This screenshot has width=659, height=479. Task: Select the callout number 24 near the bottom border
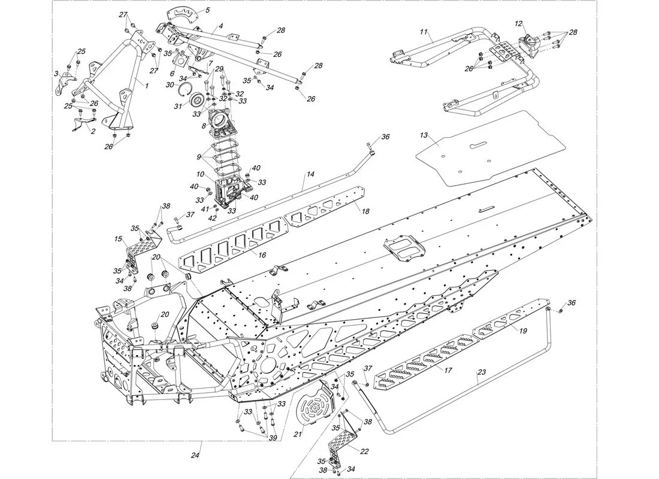pos(195,456)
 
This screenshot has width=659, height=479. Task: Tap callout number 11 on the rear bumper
pos(424,32)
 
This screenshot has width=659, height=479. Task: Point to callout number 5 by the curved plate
pos(207,10)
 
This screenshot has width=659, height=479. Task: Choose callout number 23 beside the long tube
pos(481,372)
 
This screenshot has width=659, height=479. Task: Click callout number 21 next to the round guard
pos(297,435)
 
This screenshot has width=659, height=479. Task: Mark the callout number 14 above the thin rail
pos(310,174)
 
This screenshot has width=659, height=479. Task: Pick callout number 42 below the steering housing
pos(212,218)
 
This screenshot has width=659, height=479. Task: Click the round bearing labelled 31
pos(197,113)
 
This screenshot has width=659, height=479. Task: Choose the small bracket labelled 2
pos(84,125)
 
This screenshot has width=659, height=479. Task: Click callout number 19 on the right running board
pos(522,331)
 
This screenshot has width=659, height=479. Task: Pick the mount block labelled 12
pos(529,46)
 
